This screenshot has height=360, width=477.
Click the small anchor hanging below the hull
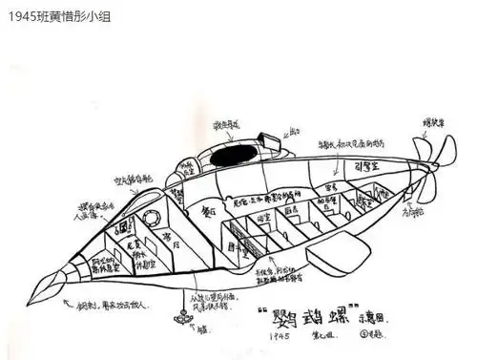177,316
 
